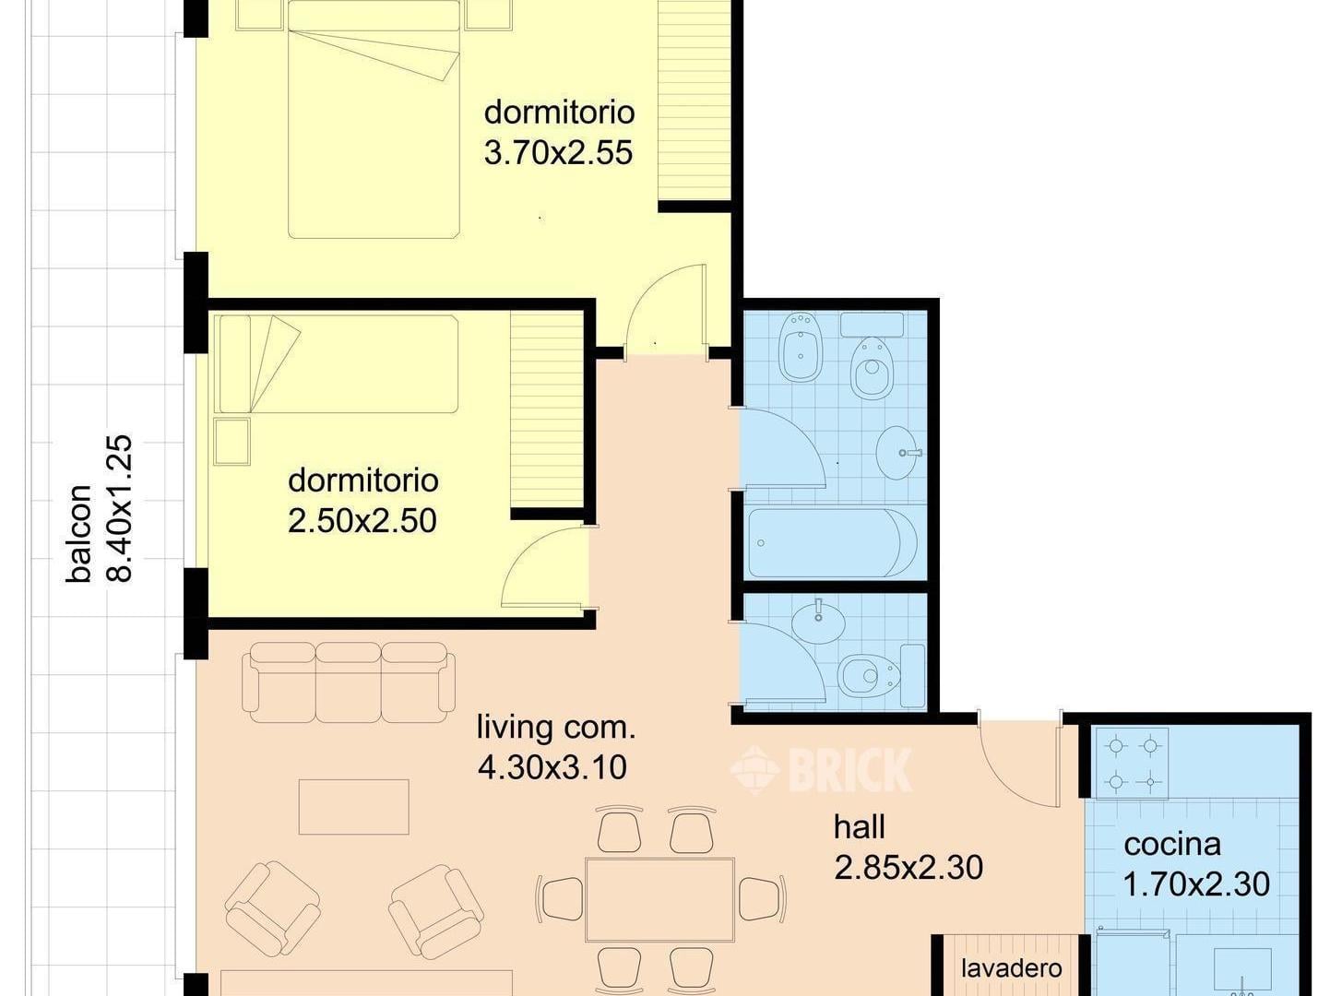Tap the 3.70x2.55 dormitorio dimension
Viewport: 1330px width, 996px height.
[x=558, y=153]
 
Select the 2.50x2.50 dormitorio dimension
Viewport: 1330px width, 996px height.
[x=362, y=521]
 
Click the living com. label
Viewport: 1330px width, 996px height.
[x=555, y=728]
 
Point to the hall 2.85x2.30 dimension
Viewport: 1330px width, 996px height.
[x=908, y=868]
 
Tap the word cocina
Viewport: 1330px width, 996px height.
[x=1172, y=845]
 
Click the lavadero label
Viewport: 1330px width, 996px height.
[x=1011, y=968]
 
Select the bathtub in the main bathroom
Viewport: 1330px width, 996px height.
[x=833, y=543]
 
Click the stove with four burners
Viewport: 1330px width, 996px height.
[x=1132, y=763]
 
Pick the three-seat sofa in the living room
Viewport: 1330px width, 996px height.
[x=349, y=682]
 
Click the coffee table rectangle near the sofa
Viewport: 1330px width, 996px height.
[x=353, y=807]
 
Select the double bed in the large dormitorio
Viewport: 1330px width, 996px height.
[x=374, y=119]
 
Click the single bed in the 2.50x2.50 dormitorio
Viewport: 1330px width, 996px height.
[x=338, y=363]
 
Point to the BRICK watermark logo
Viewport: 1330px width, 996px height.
[x=821, y=769]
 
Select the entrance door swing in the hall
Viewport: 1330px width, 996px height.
[x=1018, y=760]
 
